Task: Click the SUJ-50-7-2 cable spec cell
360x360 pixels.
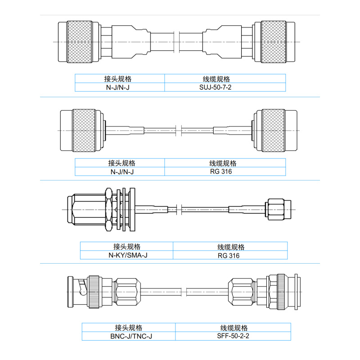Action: (x=225, y=87)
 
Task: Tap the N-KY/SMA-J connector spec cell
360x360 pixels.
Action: (x=126, y=255)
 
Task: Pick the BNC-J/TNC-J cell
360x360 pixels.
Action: (x=128, y=336)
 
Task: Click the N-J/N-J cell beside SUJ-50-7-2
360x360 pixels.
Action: (x=119, y=87)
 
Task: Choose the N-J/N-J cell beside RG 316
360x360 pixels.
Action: (x=119, y=171)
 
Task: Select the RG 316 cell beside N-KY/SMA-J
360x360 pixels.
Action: (x=230, y=255)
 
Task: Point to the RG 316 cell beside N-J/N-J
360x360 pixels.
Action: (x=225, y=171)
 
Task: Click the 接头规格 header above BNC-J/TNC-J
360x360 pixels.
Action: (x=128, y=328)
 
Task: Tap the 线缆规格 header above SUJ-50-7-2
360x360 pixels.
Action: (x=225, y=78)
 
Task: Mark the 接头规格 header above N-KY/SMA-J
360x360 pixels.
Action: (x=126, y=247)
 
